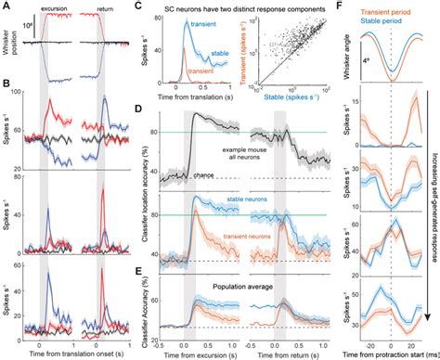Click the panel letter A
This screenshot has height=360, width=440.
[x=8, y=6]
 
